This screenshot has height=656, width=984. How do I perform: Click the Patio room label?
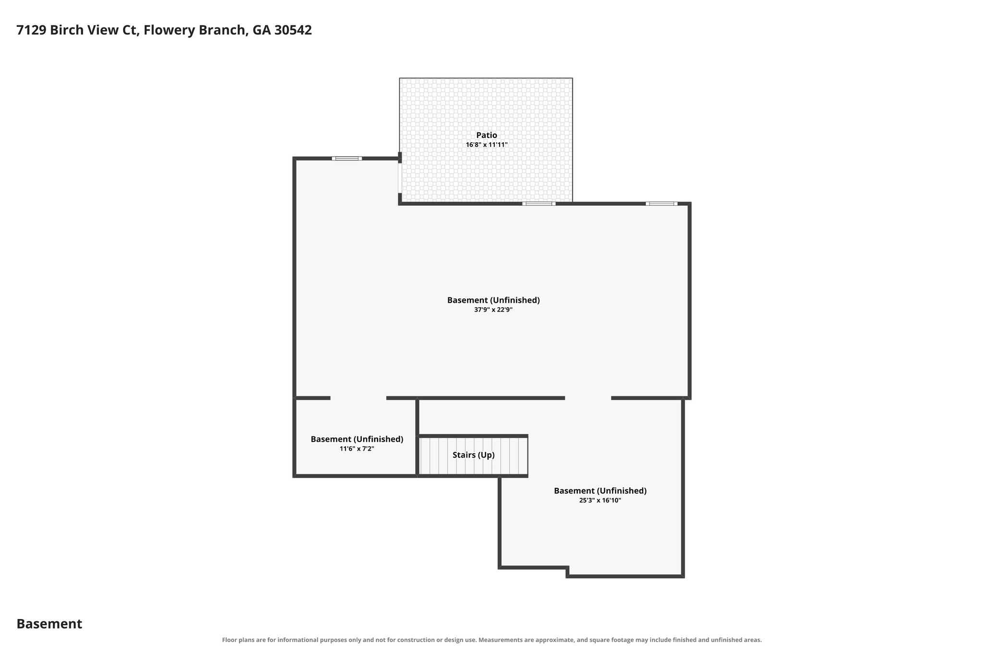(x=487, y=135)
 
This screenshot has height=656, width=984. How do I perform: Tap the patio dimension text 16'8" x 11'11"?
(x=487, y=145)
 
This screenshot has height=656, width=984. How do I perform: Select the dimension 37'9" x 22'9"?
(x=493, y=310)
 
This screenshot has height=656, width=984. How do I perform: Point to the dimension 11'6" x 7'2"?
(x=357, y=449)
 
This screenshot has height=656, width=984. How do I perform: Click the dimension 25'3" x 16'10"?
(x=600, y=500)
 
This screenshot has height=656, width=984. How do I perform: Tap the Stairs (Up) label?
(x=474, y=455)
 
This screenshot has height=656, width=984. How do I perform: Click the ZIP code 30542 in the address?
(x=293, y=30)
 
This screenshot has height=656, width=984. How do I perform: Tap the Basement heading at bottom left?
(x=49, y=624)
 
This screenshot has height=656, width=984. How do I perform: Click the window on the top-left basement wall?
(x=347, y=158)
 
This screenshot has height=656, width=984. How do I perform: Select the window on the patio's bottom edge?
(x=539, y=204)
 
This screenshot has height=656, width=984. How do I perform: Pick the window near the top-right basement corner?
(x=662, y=204)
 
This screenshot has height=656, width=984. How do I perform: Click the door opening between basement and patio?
(x=400, y=178)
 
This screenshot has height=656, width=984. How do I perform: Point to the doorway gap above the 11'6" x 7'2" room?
(x=358, y=398)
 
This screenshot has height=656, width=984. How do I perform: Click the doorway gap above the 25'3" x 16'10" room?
(x=588, y=398)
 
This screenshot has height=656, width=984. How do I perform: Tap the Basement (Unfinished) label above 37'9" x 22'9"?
(x=493, y=300)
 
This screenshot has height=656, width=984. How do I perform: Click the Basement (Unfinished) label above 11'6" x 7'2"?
(x=357, y=439)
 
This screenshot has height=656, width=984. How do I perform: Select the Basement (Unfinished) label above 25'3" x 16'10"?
(x=600, y=491)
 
